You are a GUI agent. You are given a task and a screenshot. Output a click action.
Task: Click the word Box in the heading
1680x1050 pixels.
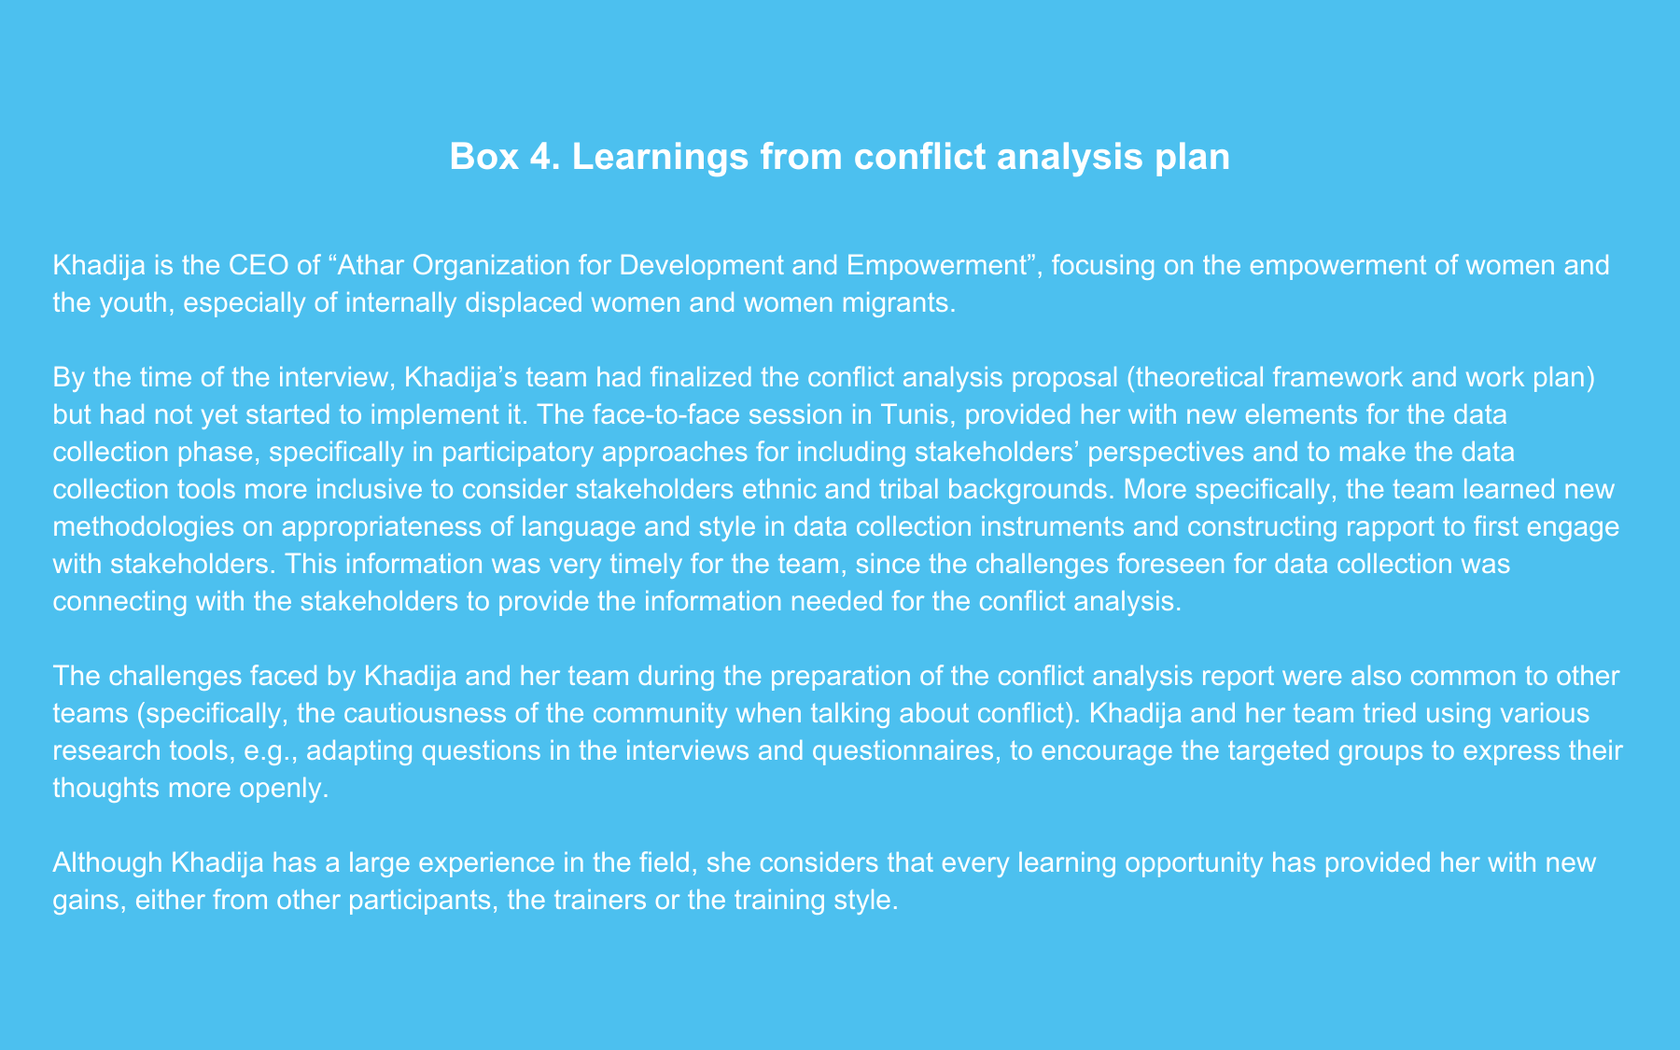pos(483,157)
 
